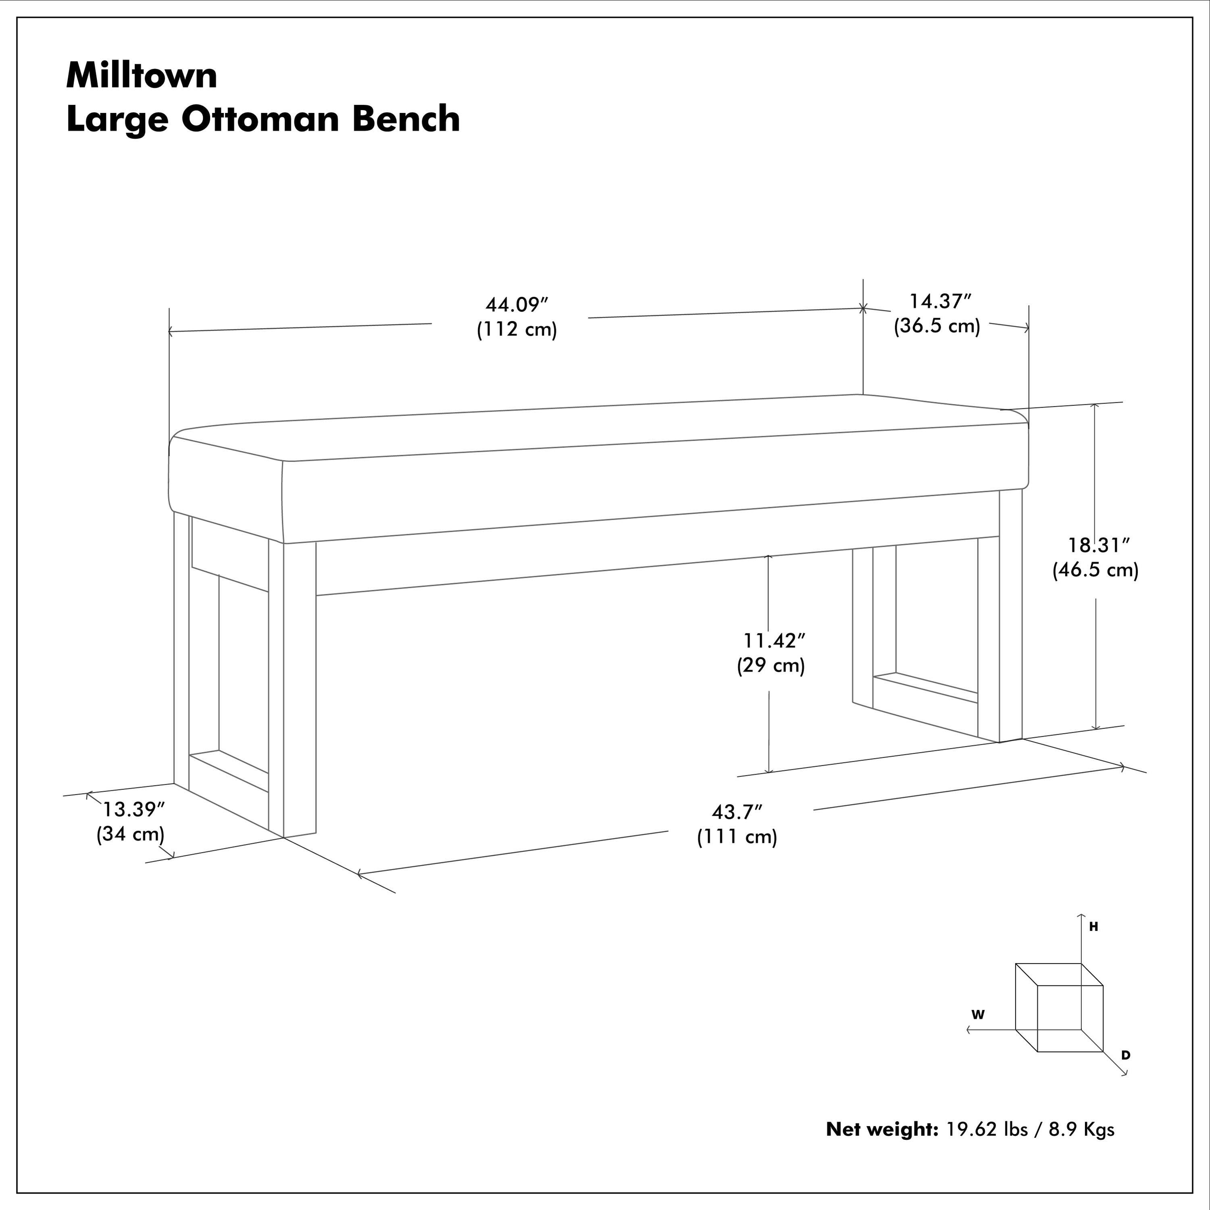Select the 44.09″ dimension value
click(516, 305)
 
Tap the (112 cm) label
click(516, 329)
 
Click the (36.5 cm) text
click(937, 326)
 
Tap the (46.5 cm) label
click(1095, 570)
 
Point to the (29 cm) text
click(771, 665)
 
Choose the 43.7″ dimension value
click(737, 812)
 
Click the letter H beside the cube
click(1093, 927)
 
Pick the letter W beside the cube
click(978, 1014)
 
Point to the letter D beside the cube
click(1125, 1055)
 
